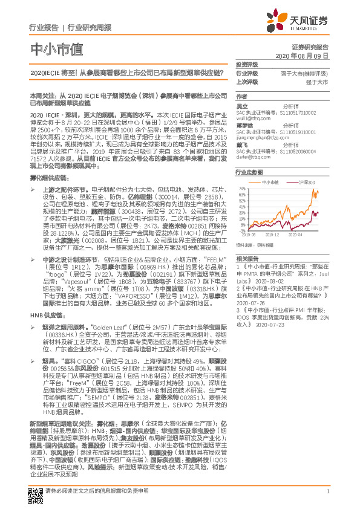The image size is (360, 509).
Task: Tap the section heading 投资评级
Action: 247,65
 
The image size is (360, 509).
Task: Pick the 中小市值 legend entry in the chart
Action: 270,182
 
